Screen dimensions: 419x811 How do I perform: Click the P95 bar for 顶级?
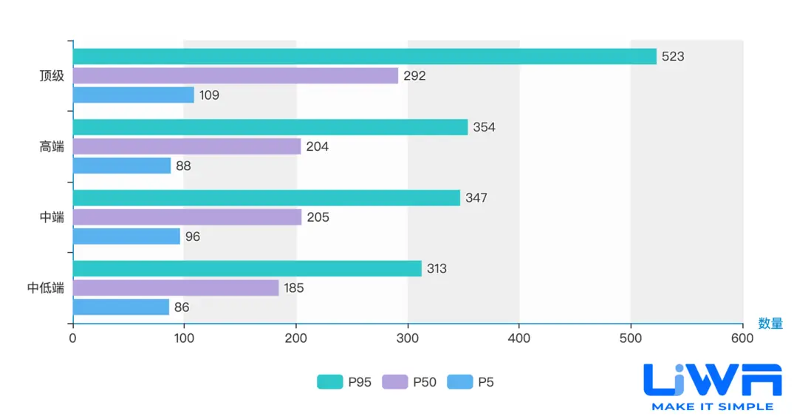(365, 56)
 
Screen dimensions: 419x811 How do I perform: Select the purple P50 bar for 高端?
(187, 146)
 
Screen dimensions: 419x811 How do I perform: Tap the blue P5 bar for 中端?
(126, 236)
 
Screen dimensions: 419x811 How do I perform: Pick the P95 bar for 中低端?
(247, 268)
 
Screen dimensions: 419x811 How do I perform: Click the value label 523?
(673, 56)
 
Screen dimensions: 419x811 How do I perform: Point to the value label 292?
(414, 75)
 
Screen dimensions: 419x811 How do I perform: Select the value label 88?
(183, 166)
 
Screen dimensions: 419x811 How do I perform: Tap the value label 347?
(476, 198)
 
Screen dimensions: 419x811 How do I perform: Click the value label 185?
(294, 288)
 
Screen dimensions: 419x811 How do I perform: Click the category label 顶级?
(52, 75)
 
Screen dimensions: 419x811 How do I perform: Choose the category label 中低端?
(46, 288)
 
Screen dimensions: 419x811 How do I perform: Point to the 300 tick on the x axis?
(408, 338)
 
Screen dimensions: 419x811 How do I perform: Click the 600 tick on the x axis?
(742, 338)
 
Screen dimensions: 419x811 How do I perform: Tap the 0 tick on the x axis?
(72, 338)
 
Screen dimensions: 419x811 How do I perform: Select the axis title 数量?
(770, 324)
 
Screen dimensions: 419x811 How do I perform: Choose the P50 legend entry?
(409, 382)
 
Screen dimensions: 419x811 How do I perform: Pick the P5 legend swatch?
(460, 382)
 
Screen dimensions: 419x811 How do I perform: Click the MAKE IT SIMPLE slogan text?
(712, 406)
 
